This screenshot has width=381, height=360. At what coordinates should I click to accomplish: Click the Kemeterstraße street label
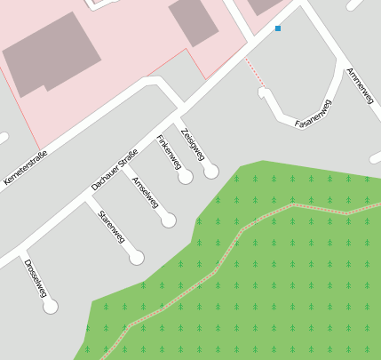pyautogui.click(x=25, y=167)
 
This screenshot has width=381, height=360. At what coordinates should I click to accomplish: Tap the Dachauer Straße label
pyautogui.click(x=115, y=170)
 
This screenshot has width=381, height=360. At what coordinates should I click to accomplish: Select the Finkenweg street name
pyautogui.click(x=169, y=152)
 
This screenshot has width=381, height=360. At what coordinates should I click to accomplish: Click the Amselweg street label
pyautogui.click(x=145, y=193)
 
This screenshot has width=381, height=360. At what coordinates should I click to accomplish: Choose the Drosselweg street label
pyautogui.click(x=36, y=278)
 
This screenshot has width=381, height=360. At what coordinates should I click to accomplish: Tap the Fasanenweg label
pyautogui.click(x=314, y=115)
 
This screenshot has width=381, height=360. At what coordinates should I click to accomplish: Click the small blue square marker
pyautogui.click(x=278, y=28)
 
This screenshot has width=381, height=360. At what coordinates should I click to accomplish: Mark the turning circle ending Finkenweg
pyautogui.click(x=186, y=177)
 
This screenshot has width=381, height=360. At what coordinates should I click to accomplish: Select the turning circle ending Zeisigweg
pyautogui.click(x=210, y=171)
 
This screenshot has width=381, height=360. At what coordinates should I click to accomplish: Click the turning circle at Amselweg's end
pyautogui.click(x=169, y=220)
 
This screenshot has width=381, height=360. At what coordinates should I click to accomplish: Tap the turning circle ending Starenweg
pyautogui.click(x=136, y=258)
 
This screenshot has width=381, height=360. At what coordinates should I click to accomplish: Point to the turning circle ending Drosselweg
pyautogui.click(x=51, y=306)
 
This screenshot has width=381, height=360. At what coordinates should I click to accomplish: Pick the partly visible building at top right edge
pyautogui.click(x=263, y=5)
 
